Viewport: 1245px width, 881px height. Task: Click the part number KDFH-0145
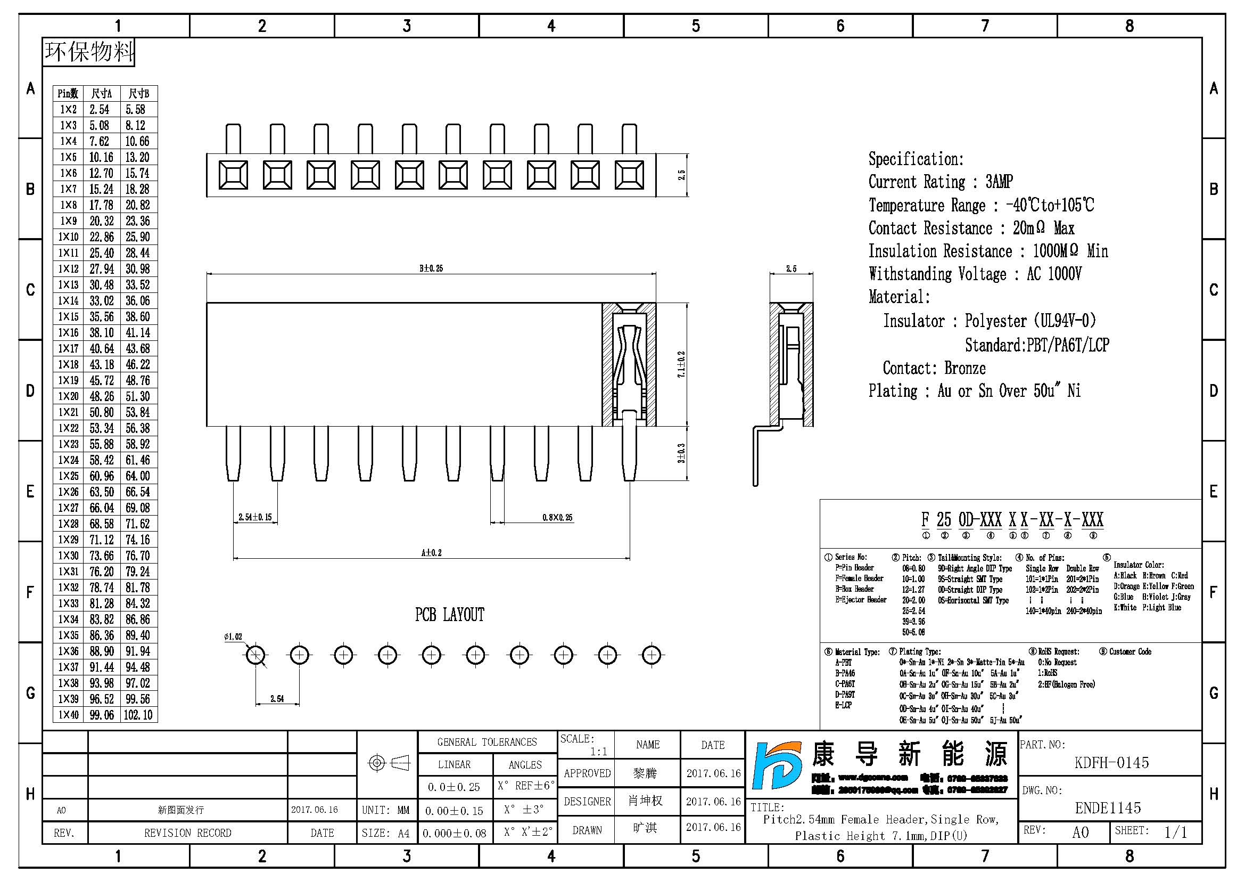pyautogui.click(x=1111, y=763)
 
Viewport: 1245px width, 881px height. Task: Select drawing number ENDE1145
pyautogui.click(x=1108, y=808)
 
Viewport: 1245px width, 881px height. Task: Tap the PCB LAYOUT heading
pyautogui.click(x=450, y=615)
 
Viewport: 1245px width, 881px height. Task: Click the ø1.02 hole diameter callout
pyautogui.click(x=233, y=637)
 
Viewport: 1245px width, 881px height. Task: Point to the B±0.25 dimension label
pyautogui.click(x=431, y=268)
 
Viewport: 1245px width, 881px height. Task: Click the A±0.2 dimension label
pyautogui.click(x=431, y=553)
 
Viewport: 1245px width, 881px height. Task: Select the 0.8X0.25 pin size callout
pyautogui.click(x=557, y=517)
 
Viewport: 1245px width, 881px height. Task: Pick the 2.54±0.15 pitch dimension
pyautogui.click(x=255, y=517)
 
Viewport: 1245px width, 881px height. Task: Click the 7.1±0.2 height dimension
pyautogui.click(x=682, y=364)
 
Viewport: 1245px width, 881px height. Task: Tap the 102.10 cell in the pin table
pyautogui.click(x=138, y=715)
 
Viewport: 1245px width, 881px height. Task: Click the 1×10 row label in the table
pyautogui.click(x=69, y=237)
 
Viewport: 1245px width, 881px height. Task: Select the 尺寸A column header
pyautogui.click(x=102, y=94)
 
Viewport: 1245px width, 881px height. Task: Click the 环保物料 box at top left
pyautogui.click(x=89, y=52)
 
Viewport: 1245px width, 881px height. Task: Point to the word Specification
pyautogui.click(x=916, y=159)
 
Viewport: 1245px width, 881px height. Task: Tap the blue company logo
pyautogui.click(x=777, y=765)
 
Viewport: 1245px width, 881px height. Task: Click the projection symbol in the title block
pyautogui.click(x=387, y=763)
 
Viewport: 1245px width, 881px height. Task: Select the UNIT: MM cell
pyautogui.click(x=385, y=810)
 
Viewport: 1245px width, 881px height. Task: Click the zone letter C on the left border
pyautogui.click(x=30, y=290)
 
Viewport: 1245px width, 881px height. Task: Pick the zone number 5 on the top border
pyautogui.click(x=696, y=26)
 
